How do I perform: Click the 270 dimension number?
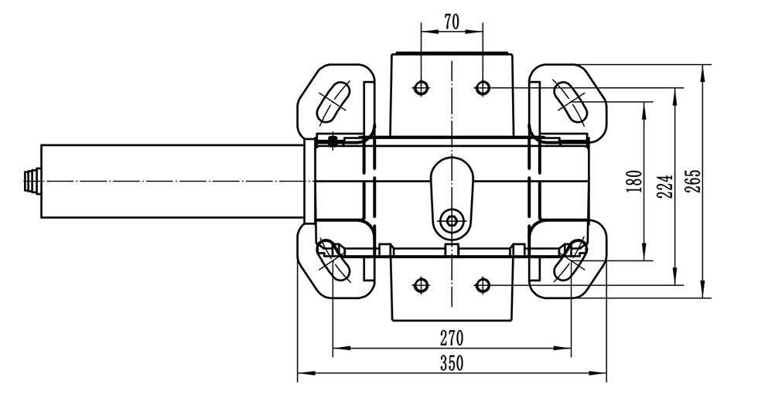click(451, 339)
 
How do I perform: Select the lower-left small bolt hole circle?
click(421, 285)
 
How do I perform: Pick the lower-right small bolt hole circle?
click(483, 285)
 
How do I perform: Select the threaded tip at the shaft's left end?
click(32, 181)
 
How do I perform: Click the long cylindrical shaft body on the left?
click(170, 181)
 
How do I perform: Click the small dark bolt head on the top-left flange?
click(333, 141)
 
